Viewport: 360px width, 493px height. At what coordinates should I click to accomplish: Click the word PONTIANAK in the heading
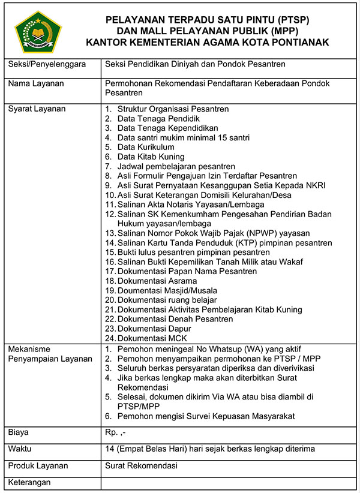[298, 42]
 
